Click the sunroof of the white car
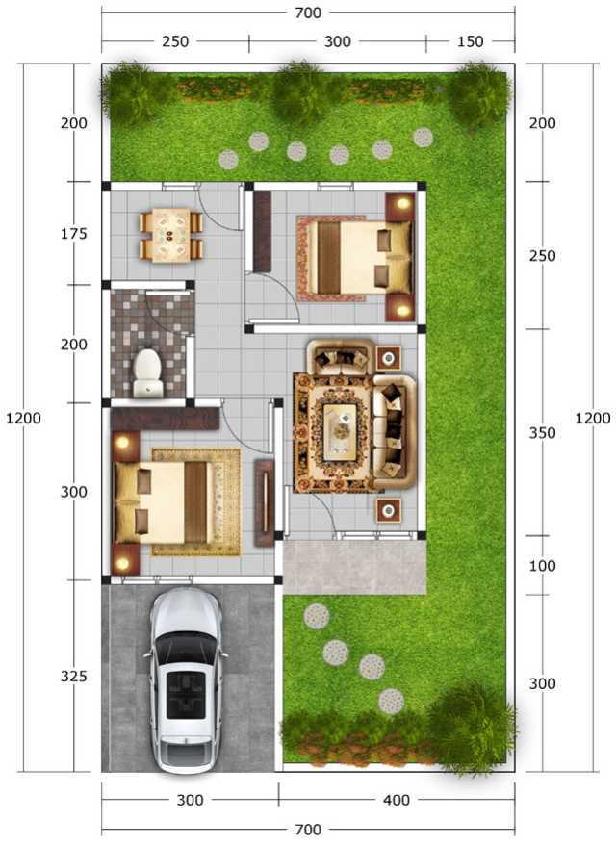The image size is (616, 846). (186, 695)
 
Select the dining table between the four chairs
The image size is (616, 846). (170, 235)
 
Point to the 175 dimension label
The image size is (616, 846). (74, 234)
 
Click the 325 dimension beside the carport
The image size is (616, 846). (74, 676)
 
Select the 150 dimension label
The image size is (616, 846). (470, 41)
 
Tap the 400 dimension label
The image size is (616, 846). (397, 800)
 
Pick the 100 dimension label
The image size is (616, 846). (542, 565)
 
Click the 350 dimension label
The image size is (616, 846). (542, 433)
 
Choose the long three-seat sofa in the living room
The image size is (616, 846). (395, 431)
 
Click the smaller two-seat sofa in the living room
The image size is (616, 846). (341, 356)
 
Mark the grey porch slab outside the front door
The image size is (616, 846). (354, 567)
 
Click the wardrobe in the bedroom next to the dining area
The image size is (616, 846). (262, 231)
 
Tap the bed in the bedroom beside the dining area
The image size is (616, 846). (355, 258)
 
